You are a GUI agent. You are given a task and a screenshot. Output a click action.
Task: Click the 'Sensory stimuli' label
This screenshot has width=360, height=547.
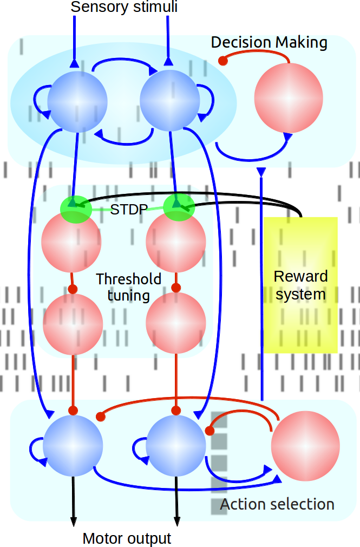point(124,7)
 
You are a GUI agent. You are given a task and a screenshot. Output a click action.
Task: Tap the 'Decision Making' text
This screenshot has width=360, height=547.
point(269,42)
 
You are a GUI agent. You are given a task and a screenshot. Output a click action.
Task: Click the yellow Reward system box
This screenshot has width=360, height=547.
point(300,285)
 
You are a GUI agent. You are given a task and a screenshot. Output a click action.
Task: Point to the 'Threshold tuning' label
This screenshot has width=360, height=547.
point(129,287)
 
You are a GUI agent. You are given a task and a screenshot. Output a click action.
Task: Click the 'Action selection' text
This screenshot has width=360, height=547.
point(277,504)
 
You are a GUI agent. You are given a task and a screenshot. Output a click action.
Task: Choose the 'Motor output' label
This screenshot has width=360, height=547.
point(127,538)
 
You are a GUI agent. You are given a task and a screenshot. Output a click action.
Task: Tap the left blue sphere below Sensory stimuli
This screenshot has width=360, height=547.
point(78,100)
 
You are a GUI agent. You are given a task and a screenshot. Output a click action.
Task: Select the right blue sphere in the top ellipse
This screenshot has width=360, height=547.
point(170,100)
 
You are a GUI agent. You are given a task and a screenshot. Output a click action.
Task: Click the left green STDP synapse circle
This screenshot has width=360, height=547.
point(75,209)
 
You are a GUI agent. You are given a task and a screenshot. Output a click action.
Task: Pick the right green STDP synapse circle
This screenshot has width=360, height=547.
point(179,207)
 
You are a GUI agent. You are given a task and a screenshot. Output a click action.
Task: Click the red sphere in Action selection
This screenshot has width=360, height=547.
point(305,445)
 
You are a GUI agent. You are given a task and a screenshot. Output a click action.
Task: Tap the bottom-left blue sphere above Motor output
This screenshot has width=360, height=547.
point(73,446)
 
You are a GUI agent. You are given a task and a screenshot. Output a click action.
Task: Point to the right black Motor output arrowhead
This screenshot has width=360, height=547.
point(176,520)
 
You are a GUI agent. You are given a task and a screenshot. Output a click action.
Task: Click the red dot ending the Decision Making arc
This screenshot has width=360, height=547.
point(222,61)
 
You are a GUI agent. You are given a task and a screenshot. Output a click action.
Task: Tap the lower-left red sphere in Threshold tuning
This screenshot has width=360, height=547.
point(73,323)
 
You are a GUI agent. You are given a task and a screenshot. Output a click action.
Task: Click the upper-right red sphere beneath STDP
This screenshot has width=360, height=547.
point(176,242)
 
